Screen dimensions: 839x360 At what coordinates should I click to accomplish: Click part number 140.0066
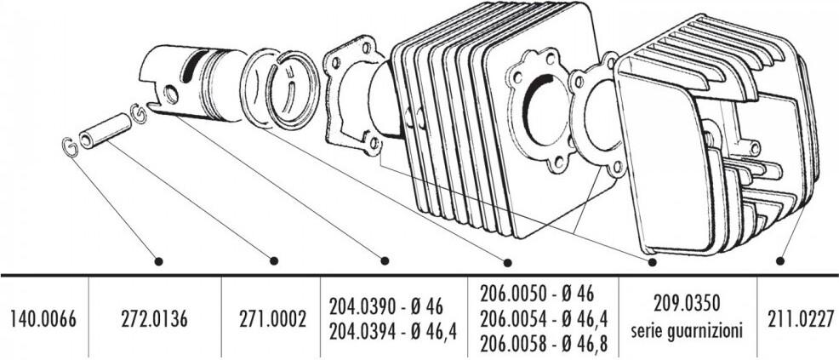43,319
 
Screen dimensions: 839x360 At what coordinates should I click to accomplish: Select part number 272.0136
154,319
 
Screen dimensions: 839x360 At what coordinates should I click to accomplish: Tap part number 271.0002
273,319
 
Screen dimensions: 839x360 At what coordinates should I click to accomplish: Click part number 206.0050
513,294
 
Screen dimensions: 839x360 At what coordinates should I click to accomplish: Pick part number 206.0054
513,319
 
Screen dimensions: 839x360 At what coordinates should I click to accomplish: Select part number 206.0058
513,344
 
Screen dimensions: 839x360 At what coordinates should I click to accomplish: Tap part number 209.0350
687,304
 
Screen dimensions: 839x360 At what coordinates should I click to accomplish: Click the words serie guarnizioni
687,331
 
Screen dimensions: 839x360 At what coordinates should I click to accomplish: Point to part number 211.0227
801,319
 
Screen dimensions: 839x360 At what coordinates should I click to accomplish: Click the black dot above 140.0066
158,261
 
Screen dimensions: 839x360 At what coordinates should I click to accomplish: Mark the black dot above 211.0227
780,260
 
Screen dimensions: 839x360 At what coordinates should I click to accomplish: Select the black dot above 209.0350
652,262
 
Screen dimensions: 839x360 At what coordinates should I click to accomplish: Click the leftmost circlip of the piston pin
70,147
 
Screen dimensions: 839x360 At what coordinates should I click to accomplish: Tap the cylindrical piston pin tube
105,131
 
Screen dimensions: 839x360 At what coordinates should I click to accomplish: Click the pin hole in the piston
171,94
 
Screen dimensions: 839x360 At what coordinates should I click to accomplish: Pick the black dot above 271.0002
384,260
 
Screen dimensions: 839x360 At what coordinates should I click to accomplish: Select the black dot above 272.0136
274,260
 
